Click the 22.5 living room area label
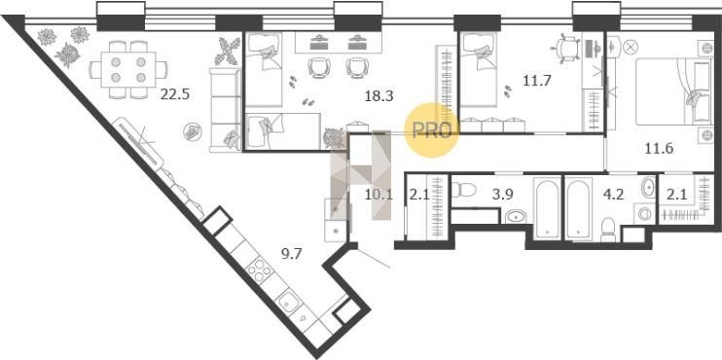tap(175, 94)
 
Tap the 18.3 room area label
tap(379, 95)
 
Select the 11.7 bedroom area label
tap(537, 81)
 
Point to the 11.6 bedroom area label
tap(659, 149)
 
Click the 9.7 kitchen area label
tap(291, 253)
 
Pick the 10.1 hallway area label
tap(379, 195)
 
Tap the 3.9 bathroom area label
tap(503, 195)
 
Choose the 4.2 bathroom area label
tap(613, 195)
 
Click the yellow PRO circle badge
tap(432, 130)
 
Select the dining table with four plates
tap(128, 69)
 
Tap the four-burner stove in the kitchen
tap(258, 270)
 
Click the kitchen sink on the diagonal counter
tap(289, 302)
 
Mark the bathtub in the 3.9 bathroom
tap(548, 208)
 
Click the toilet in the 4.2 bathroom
tap(608, 230)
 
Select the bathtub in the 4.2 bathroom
tap(578, 208)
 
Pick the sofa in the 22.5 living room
tap(225, 110)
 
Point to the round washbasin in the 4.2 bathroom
tap(648, 188)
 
